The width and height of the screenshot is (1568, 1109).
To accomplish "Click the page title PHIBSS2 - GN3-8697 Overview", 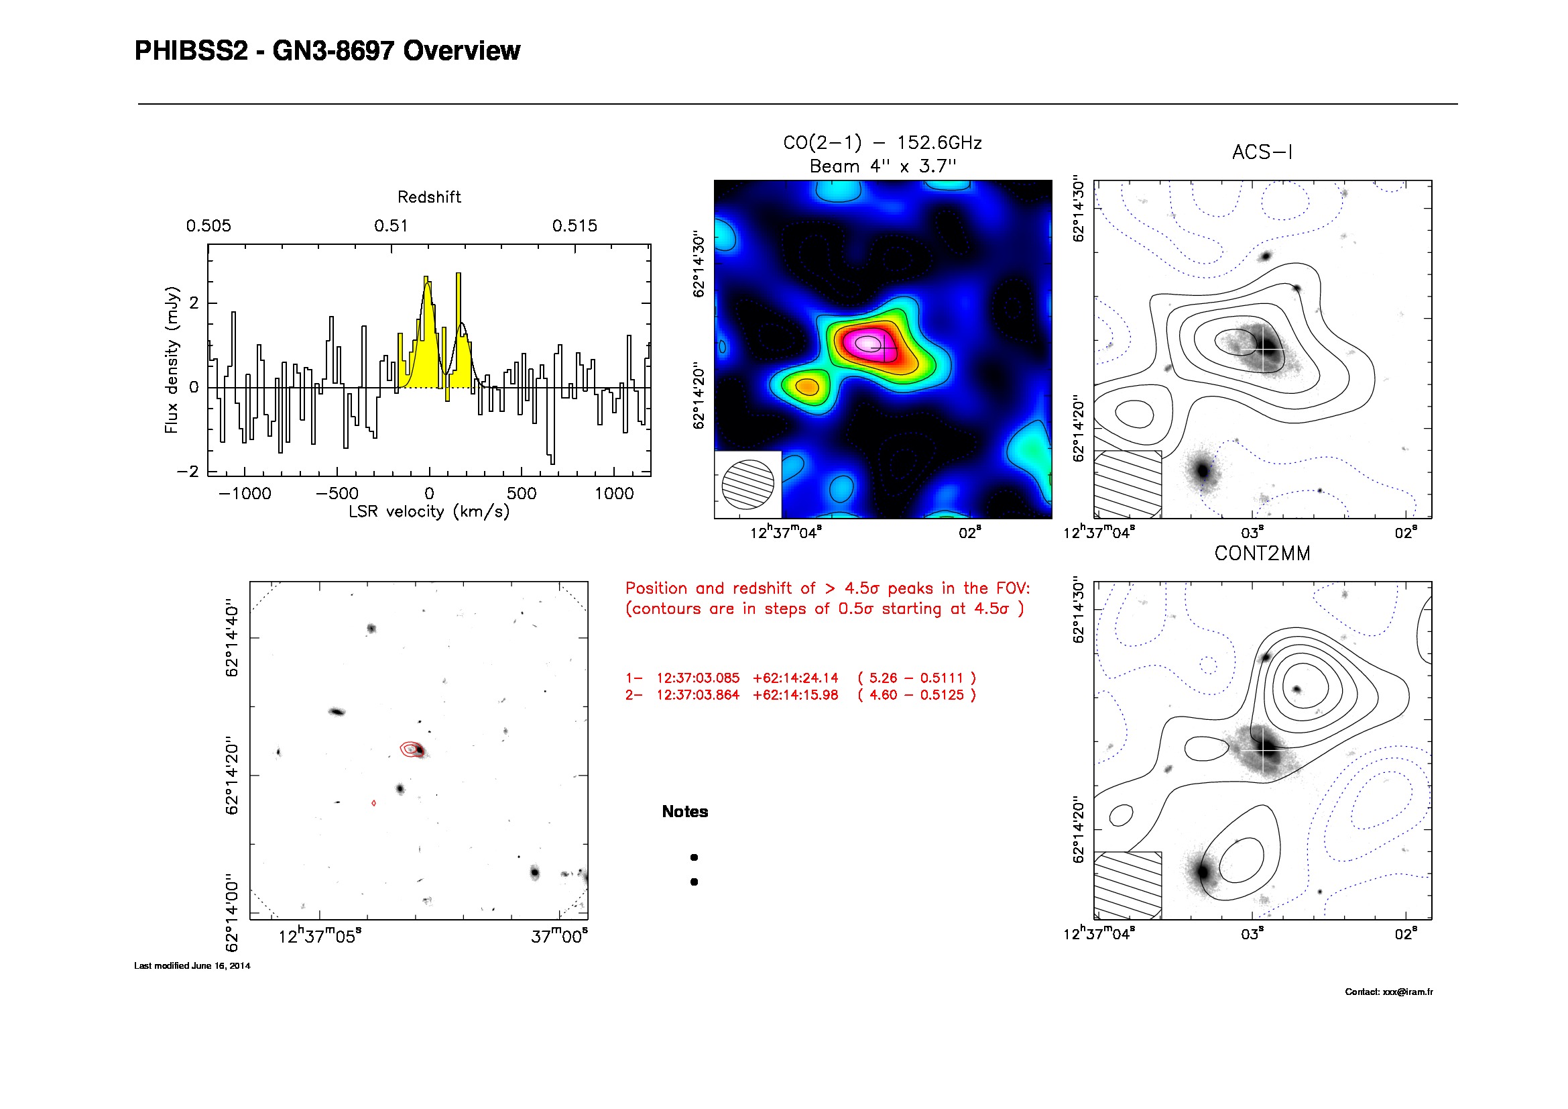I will (x=327, y=51).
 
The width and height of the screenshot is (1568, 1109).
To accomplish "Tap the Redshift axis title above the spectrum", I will (x=429, y=197).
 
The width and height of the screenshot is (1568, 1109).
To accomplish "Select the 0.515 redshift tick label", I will (x=575, y=226).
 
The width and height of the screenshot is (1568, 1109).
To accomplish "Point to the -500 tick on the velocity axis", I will (x=337, y=493).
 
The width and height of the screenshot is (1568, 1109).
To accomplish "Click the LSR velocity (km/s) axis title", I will (x=429, y=512).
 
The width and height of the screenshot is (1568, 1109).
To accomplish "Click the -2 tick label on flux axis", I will (x=187, y=472).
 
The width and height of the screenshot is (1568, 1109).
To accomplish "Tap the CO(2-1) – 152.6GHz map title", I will (x=882, y=143).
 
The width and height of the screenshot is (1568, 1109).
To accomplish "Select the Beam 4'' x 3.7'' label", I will (x=882, y=166).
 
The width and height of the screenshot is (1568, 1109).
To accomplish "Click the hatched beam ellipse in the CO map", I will (x=748, y=484).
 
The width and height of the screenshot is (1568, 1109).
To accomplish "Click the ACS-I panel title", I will (x=1262, y=152).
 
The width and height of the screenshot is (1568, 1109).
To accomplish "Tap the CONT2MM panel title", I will (x=1262, y=553).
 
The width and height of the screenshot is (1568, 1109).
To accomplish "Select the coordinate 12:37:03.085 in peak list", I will (x=698, y=678).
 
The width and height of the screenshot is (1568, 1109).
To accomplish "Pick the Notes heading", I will (x=685, y=812).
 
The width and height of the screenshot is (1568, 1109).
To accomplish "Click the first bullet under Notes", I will (x=694, y=857).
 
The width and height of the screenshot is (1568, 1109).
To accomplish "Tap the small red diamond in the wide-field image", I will (x=373, y=804).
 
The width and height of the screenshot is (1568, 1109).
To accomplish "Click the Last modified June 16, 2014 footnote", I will (x=192, y=965).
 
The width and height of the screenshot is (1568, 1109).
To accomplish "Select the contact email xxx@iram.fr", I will (x=1408, y=992).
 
